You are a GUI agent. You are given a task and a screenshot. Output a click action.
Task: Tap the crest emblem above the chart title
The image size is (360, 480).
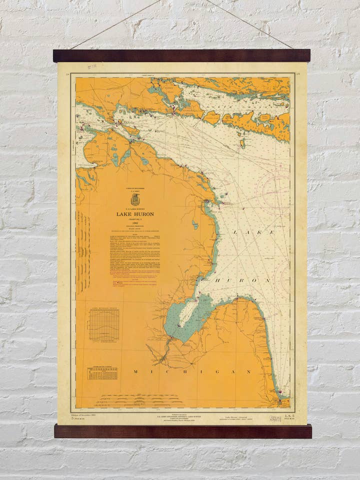134,199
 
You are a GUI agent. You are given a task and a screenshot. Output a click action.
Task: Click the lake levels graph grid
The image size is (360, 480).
104,324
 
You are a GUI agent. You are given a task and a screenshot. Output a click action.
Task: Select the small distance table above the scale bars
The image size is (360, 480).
102,373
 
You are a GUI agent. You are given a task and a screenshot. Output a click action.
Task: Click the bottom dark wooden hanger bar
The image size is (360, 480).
182,431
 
